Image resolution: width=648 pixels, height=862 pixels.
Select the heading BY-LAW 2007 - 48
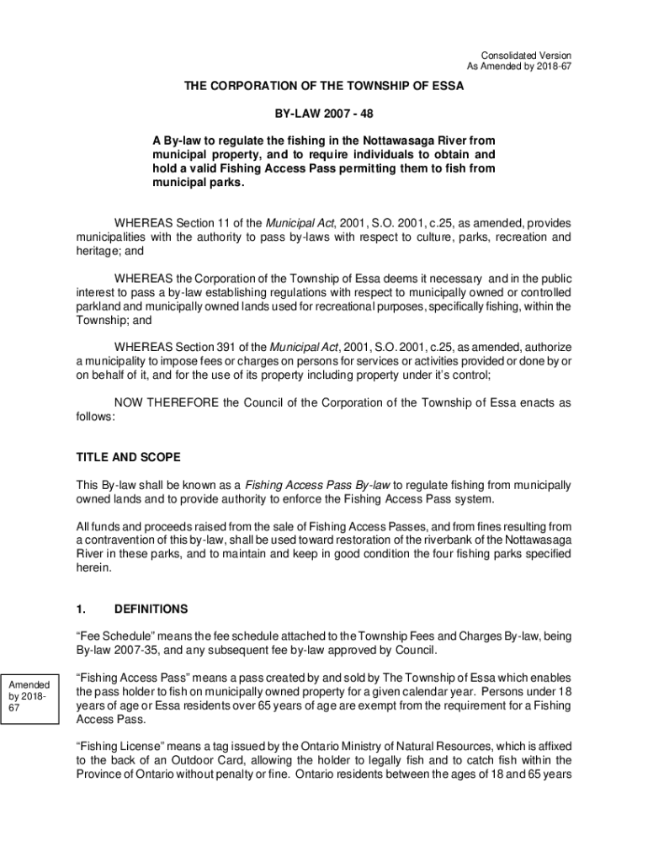(324, 113)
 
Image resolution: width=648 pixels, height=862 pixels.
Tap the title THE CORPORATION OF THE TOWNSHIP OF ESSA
(324, 86)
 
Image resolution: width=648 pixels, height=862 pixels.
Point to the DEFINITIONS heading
(151, 609)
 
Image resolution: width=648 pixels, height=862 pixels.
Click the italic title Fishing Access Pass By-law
(317, 485)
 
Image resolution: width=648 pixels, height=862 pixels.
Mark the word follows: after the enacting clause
(96, 416)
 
